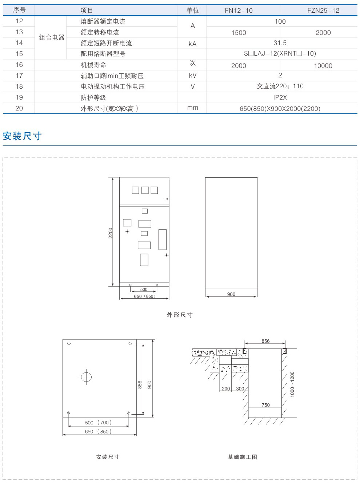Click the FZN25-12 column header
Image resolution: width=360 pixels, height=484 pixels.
(323, 11)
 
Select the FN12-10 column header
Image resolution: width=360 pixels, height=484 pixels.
(239, 11)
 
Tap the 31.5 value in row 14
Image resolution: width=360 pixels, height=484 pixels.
(280, 43)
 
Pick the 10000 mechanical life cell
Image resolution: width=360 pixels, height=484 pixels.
(323, 66)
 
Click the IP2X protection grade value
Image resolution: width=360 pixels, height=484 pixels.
(280, 97)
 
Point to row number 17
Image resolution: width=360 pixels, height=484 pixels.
(19, 76)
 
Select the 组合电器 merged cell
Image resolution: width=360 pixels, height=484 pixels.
(52, 37)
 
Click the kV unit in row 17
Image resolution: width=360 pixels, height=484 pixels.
(192, 76)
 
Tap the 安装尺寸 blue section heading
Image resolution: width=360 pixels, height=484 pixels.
(22, 136)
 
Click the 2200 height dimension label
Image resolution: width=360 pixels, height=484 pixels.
(111, 233)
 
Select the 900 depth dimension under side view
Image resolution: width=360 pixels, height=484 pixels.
(231, 294)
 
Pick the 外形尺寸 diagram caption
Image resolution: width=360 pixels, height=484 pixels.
(180, 315)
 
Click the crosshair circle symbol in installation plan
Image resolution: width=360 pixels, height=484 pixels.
(86, 377)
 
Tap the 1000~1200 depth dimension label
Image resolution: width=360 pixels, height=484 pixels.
(292, 384)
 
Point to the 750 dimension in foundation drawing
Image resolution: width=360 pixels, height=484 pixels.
(265, 405)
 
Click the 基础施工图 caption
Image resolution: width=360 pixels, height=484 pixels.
(243, 457)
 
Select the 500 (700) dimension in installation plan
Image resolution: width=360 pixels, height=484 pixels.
(98, 423)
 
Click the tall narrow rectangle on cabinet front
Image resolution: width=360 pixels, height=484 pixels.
(163, 239)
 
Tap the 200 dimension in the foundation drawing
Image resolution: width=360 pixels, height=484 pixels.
(226, 389)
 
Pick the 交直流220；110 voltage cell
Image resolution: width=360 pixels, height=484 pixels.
(280, 86)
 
